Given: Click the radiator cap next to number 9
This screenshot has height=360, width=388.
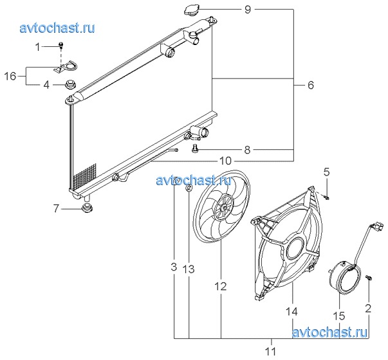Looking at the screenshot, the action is point(192,10).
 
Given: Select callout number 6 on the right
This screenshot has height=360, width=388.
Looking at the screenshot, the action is point(311,85).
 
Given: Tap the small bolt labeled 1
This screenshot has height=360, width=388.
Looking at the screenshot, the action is point(61,45).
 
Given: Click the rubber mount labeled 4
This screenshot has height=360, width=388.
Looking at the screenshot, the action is point(70,84).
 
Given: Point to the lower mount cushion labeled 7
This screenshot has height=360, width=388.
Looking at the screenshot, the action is point(87,208).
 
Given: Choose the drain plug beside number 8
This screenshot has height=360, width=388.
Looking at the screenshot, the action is point(195,148).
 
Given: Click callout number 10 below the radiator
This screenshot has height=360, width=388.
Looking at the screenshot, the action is point(225,161).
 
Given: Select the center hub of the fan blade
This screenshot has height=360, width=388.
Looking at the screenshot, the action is point(224,208).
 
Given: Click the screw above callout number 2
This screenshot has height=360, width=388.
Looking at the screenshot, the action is point(369,278).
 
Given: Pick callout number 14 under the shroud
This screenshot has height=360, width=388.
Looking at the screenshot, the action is point(291,312).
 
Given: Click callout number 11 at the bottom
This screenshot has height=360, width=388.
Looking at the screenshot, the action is point(271,351).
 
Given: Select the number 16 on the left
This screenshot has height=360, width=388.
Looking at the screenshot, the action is point(10,76).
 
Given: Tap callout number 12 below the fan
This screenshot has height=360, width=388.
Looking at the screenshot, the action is point(221,286).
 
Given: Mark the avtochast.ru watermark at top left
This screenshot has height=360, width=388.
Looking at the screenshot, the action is point(57,28).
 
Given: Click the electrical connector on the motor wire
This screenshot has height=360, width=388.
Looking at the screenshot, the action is point(378,226).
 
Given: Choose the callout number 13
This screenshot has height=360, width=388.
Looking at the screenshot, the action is point(189,269).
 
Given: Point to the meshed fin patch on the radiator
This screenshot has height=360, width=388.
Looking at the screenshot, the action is point(85,176).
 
